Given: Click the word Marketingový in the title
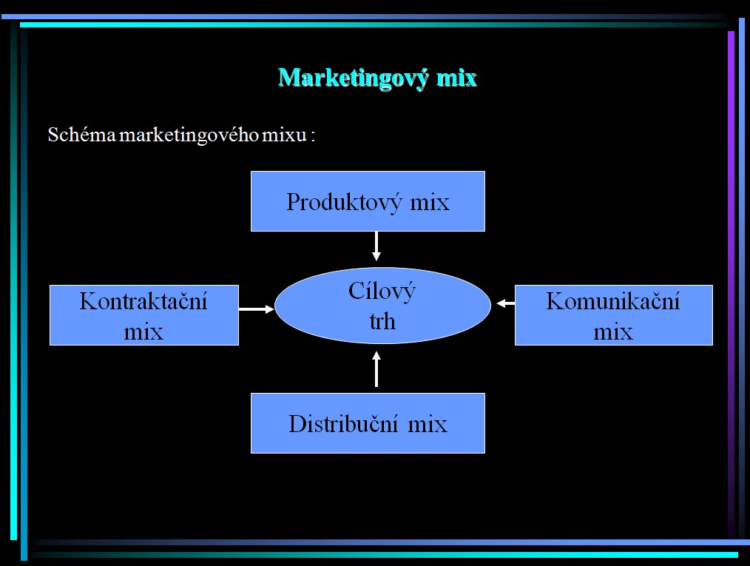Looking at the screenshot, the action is click(x=354, y=78).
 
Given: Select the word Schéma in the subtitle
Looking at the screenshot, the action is click(x=82, y=135).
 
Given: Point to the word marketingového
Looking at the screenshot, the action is click(x=189, y=135).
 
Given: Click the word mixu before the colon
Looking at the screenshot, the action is click(x=284, y=135).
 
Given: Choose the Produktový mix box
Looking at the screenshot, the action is click(x=368, y=201).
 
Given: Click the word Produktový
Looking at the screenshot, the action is click(x=344, y=203).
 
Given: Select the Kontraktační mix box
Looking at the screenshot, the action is click(x=144, y=315).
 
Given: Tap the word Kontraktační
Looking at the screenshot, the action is click(x=143, y=301).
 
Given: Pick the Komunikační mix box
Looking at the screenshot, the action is click(x=614, y=315).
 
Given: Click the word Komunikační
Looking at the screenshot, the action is click(x=613, y=301).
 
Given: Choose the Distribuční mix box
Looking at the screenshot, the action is click(x=368, y=423).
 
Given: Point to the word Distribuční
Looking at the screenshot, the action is click(x=343, y=424).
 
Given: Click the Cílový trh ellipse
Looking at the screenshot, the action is click(x=382, y=306).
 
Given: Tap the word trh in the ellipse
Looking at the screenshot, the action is click(x=382, y=322).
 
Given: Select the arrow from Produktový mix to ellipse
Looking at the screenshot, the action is click(x=376, y=246).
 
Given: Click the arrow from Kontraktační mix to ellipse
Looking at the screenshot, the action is click(x=257, y=309).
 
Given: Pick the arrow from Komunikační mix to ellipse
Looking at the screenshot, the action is click(x=506, y=303).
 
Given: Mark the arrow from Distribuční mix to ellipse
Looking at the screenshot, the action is click(x=376, y=369).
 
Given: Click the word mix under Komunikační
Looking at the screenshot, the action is click(x=613, y=332).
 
